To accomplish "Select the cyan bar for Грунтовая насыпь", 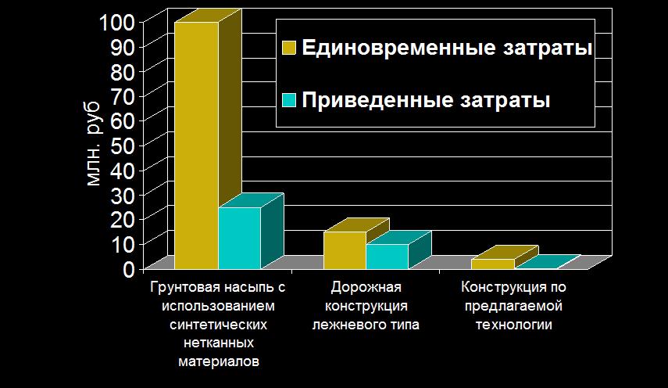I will (239, 238).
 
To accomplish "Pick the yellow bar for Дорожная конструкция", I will (345, 250).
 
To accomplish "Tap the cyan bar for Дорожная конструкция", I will (387, 257).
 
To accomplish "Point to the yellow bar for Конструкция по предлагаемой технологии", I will (493, 264).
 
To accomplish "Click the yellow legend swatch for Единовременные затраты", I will (289, 48).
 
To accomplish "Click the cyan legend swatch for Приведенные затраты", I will (289, 100).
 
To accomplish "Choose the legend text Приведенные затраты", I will (426, 100).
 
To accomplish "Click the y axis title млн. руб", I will (93, 145).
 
